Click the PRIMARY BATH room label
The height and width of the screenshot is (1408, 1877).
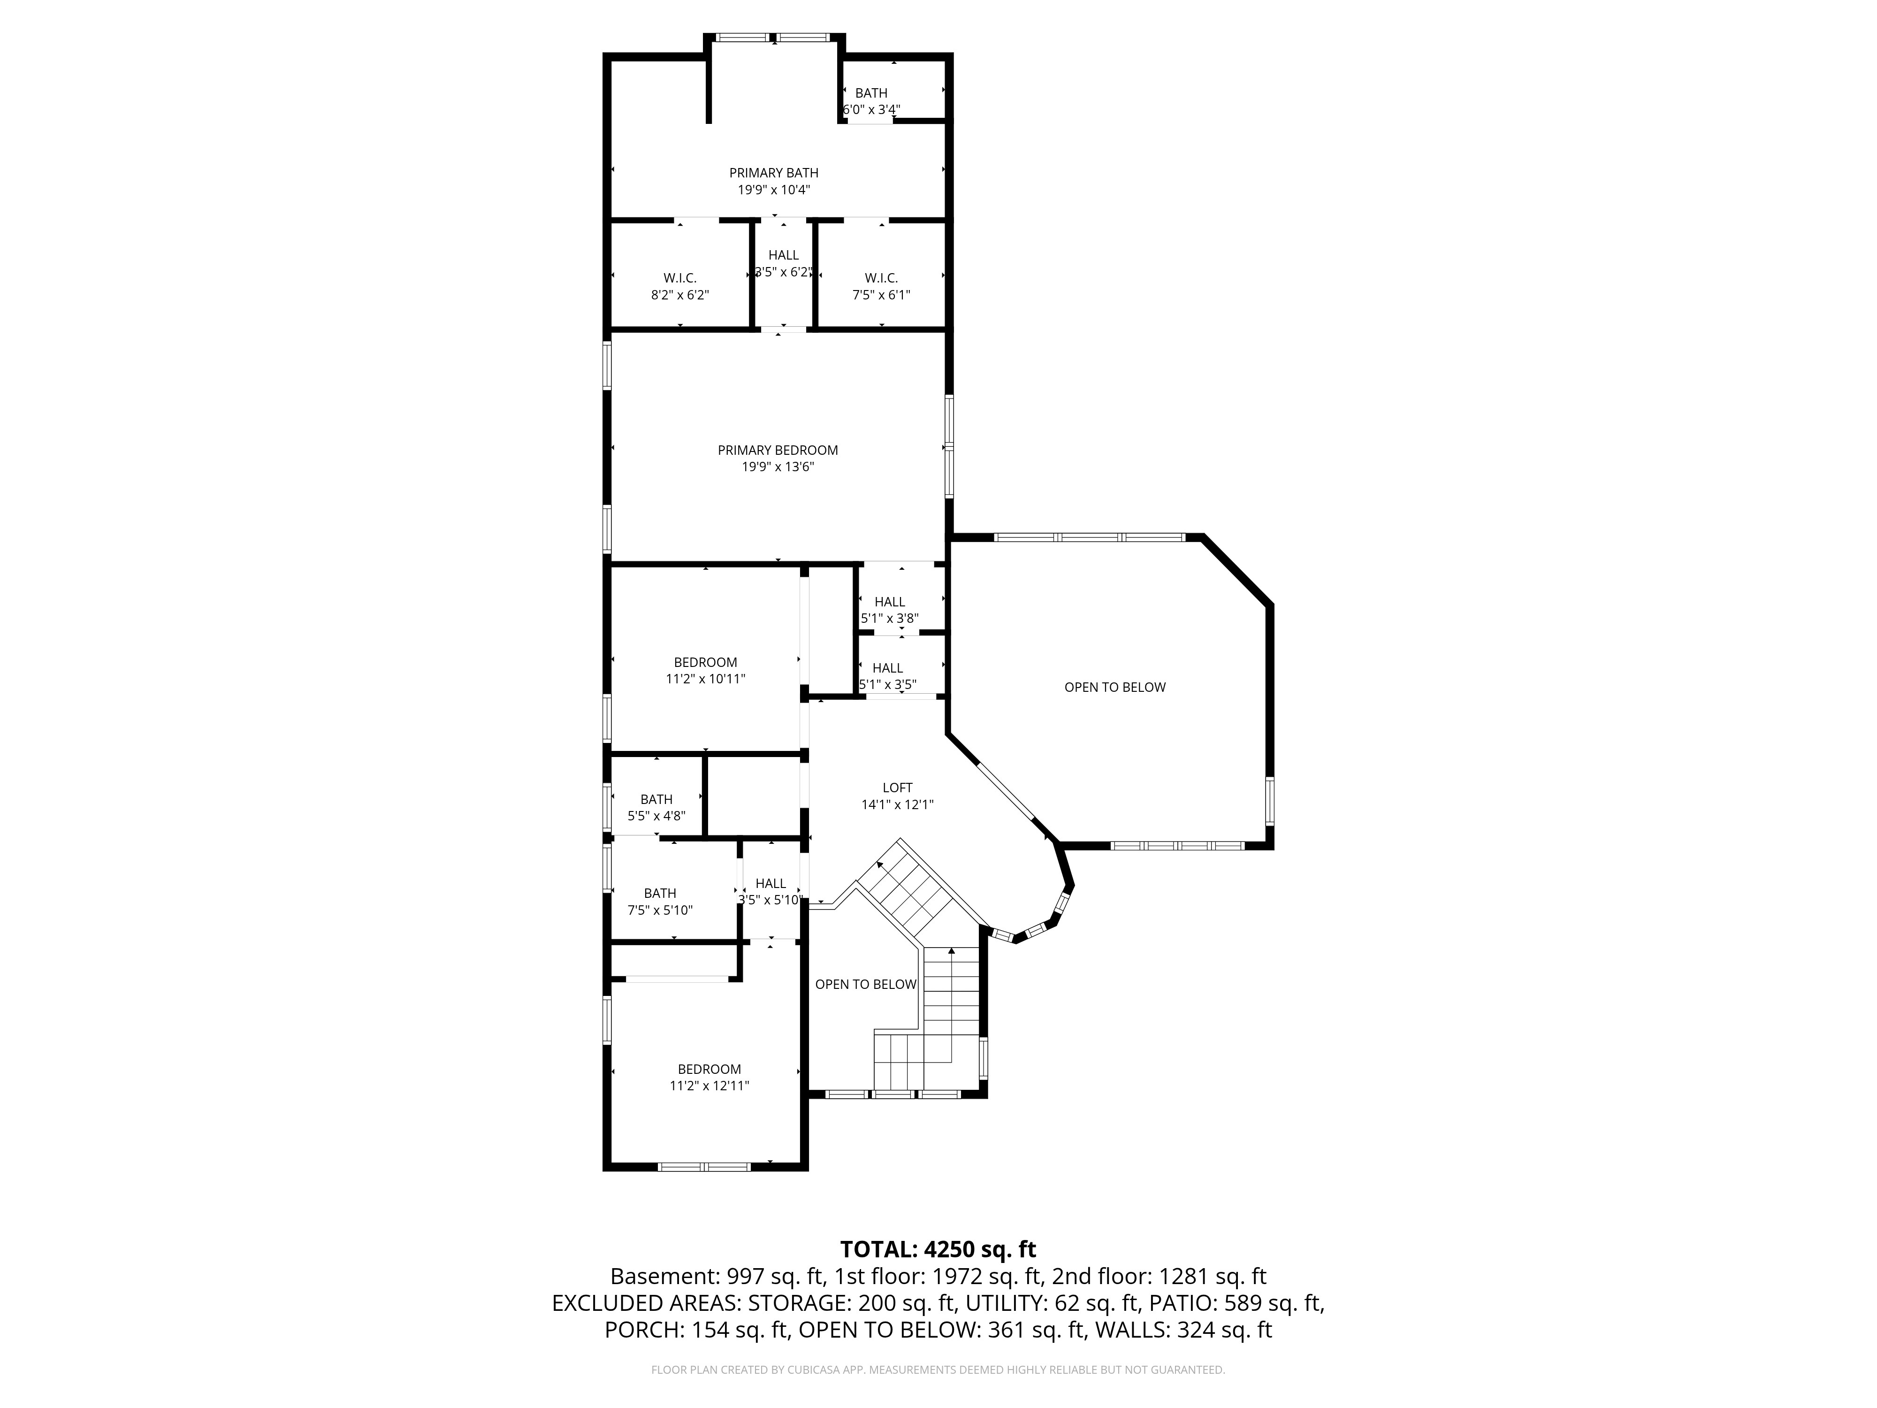(x=774, y=173)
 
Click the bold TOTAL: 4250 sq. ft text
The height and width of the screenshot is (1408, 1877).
(x=938, y=1249)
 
